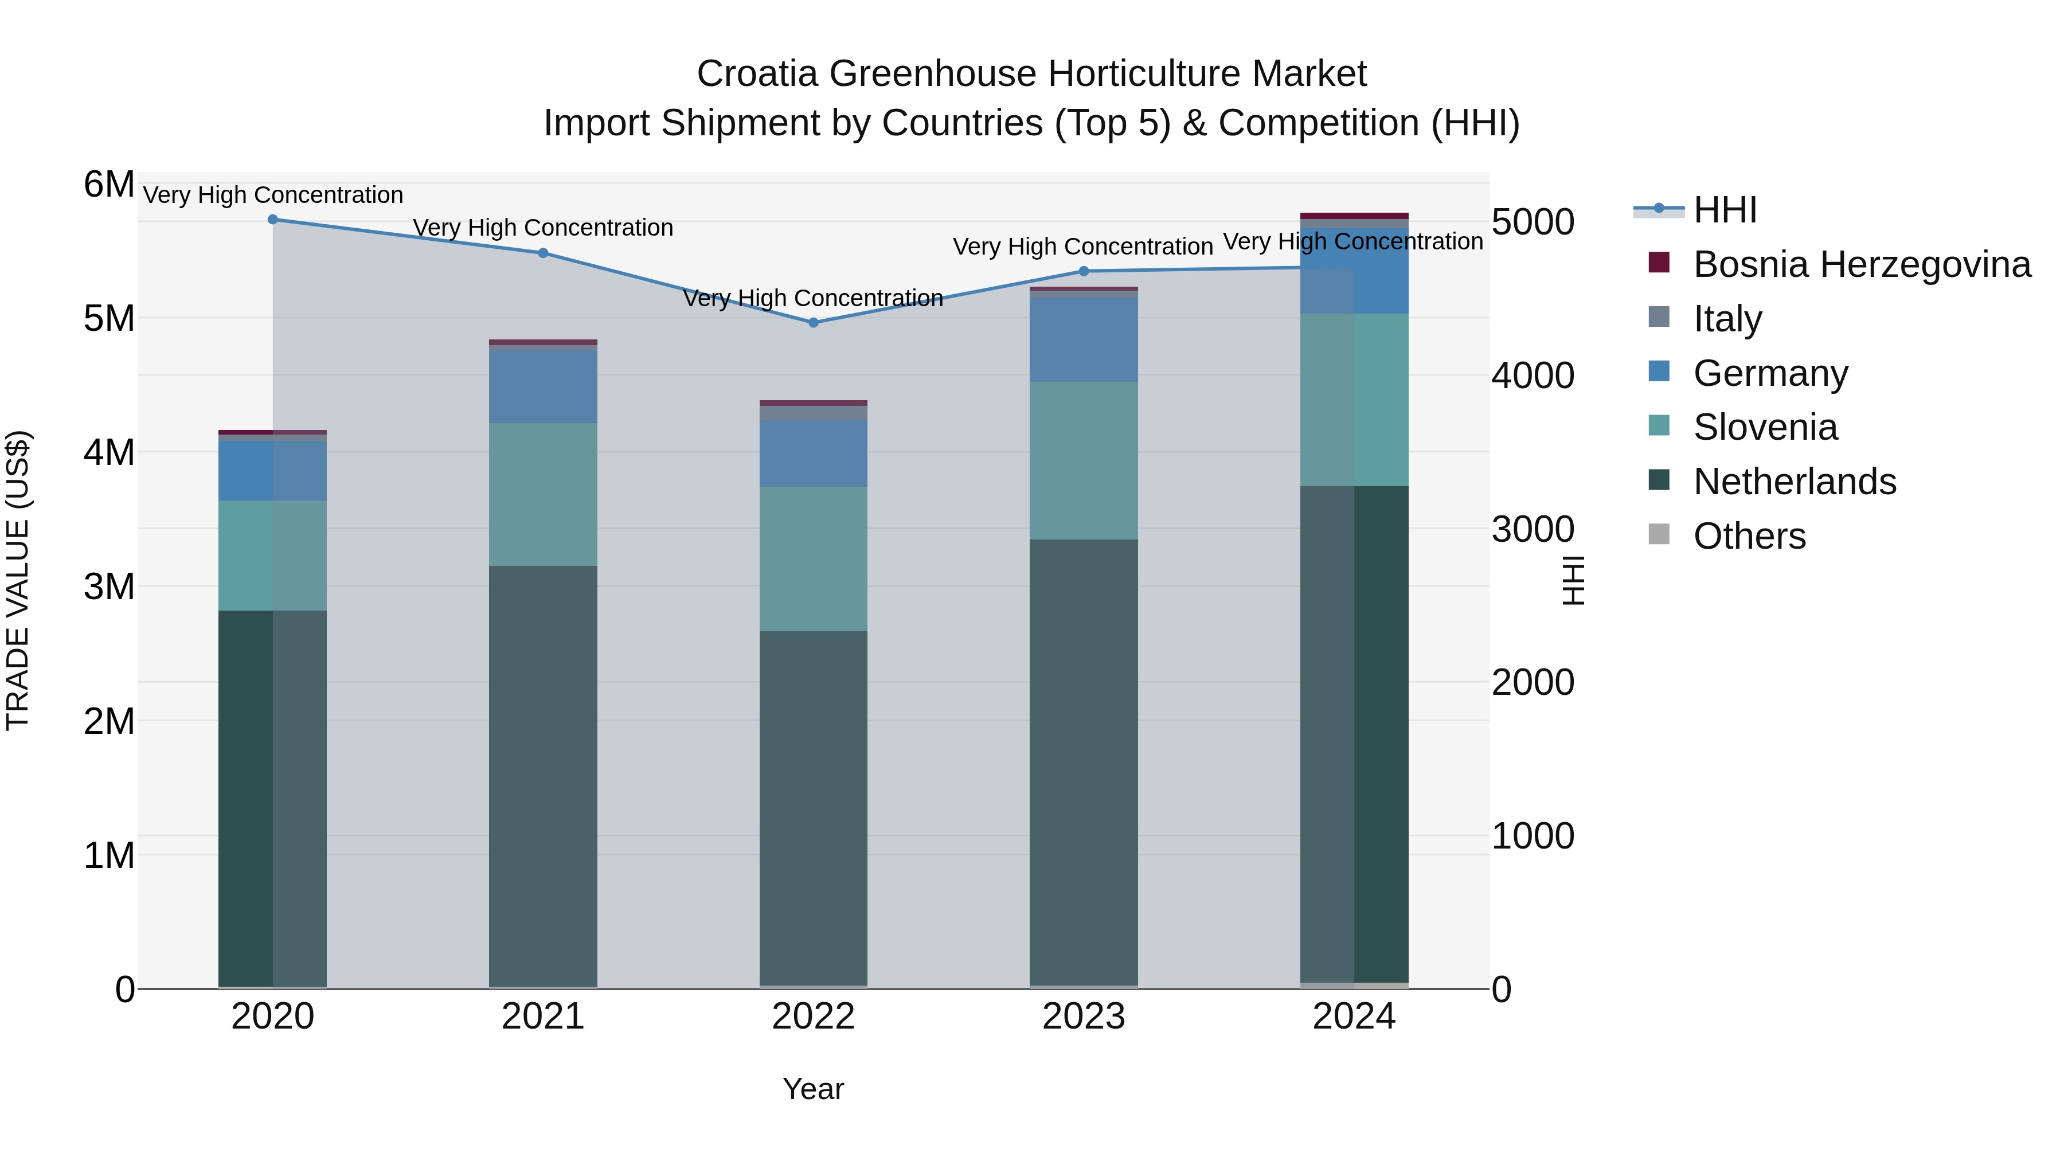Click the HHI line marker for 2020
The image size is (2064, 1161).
(x=272, y=219)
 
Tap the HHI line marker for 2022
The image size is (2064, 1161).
(x=813, y=323)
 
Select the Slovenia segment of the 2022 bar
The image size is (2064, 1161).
(x=813, y=558)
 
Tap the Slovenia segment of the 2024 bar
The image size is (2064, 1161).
(x=1354, y=400)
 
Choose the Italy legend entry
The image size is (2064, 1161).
(x=1727, y=319)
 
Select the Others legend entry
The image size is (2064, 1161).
(x=1749, y=536)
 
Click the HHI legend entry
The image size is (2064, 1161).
(x=1724, y=210)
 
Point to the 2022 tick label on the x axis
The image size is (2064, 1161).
(x=813, y=1017)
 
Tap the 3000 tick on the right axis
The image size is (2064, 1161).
(x=1533, y=529)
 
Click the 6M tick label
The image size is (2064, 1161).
(x=109, y=184)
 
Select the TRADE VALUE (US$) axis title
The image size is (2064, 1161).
(x=18, y=580)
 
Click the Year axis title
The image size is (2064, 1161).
(x=813, y=1089)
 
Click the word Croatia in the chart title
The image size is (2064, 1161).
(x=757, y=74)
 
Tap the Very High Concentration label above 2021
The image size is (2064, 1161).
(x=544, y=228)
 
